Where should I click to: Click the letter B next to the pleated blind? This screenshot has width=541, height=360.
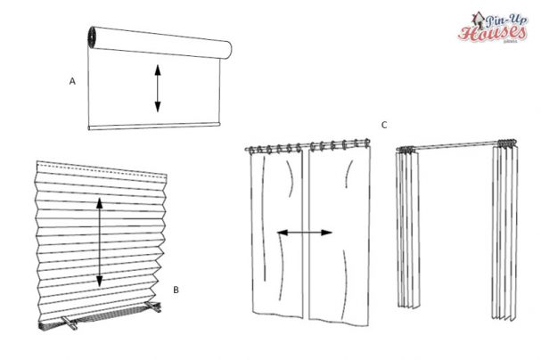[176, 290]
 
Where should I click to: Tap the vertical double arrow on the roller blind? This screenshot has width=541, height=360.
[158, 89]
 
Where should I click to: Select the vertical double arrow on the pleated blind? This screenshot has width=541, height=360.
[98, 242]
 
